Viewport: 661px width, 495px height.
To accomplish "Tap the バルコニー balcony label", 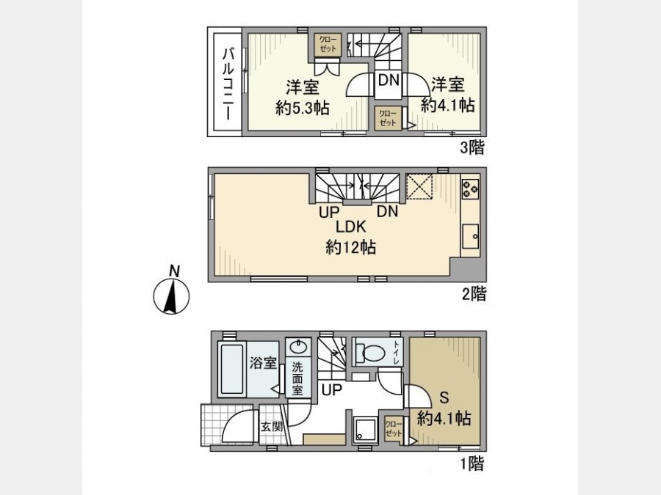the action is (229, 84).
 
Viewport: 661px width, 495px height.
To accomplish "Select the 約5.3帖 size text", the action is (303, 109).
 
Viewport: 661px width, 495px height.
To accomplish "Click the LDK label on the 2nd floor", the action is (350, 227).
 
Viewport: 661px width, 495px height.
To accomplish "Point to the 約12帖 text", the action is (351, 247).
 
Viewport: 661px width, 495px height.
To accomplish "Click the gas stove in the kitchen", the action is (470, 188).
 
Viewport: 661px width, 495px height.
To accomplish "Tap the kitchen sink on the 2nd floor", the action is (471, 237).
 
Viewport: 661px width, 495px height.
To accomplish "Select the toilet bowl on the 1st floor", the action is (369, 353).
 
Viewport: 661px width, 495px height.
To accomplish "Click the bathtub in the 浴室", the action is (232, 370).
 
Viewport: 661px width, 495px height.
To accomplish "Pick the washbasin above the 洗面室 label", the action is (298, 348).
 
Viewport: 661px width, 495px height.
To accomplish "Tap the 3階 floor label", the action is (472, 147).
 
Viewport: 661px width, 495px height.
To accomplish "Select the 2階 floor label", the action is (474, 294).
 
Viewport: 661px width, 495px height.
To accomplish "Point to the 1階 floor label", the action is (472, 464).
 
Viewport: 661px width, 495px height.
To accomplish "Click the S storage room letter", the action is (444, 397).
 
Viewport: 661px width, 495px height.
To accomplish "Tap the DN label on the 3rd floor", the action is (389, 80).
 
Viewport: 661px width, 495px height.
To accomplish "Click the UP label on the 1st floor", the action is (332, 390).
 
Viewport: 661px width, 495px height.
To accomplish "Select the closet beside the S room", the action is (394, 428).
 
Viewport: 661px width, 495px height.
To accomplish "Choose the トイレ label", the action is (397, 353).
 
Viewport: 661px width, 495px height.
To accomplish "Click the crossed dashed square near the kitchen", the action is (419, 186).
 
